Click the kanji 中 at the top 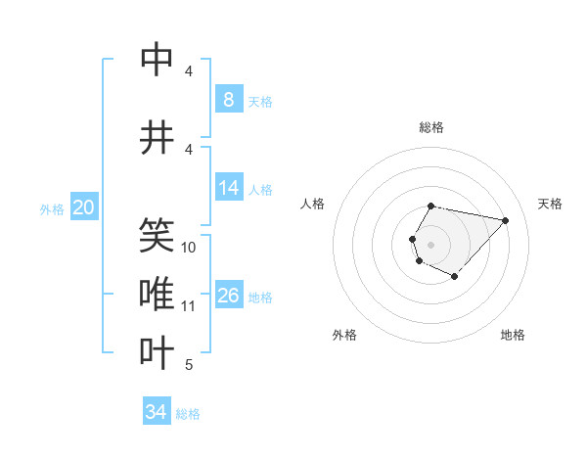pyautogui.click(x=158, y=60)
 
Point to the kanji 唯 pyautogui.click(x=158, y=293)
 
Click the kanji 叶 pyautogui.click(x=158, y=353)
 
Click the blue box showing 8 pyautogui.click(x=228, y=100)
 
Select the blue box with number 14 pyautogui.click(x=230, y=188)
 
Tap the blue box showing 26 pyautogui.click(x=230, y=296)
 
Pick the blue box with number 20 pyautogui.click(x=84, y=207)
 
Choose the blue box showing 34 pyautogui.click(x=157, y=412)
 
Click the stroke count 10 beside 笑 pyautogui.click(x=189, y=248)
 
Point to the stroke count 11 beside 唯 pyautogui.click(x=189, y=306)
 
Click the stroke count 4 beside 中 pyautogui.click(x=189, y=71)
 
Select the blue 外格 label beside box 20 pyautogui.click(x=52, y=208)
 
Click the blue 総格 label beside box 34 pyautogui.click(x=188, y=414)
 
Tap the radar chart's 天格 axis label pyautogui.click(x=550, y=204)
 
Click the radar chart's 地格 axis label pyautogui.click(x=513, y=335)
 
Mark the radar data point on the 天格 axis pyautogui.click(x=506, y=220)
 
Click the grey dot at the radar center pyautogui.click(x=430, y=244)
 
